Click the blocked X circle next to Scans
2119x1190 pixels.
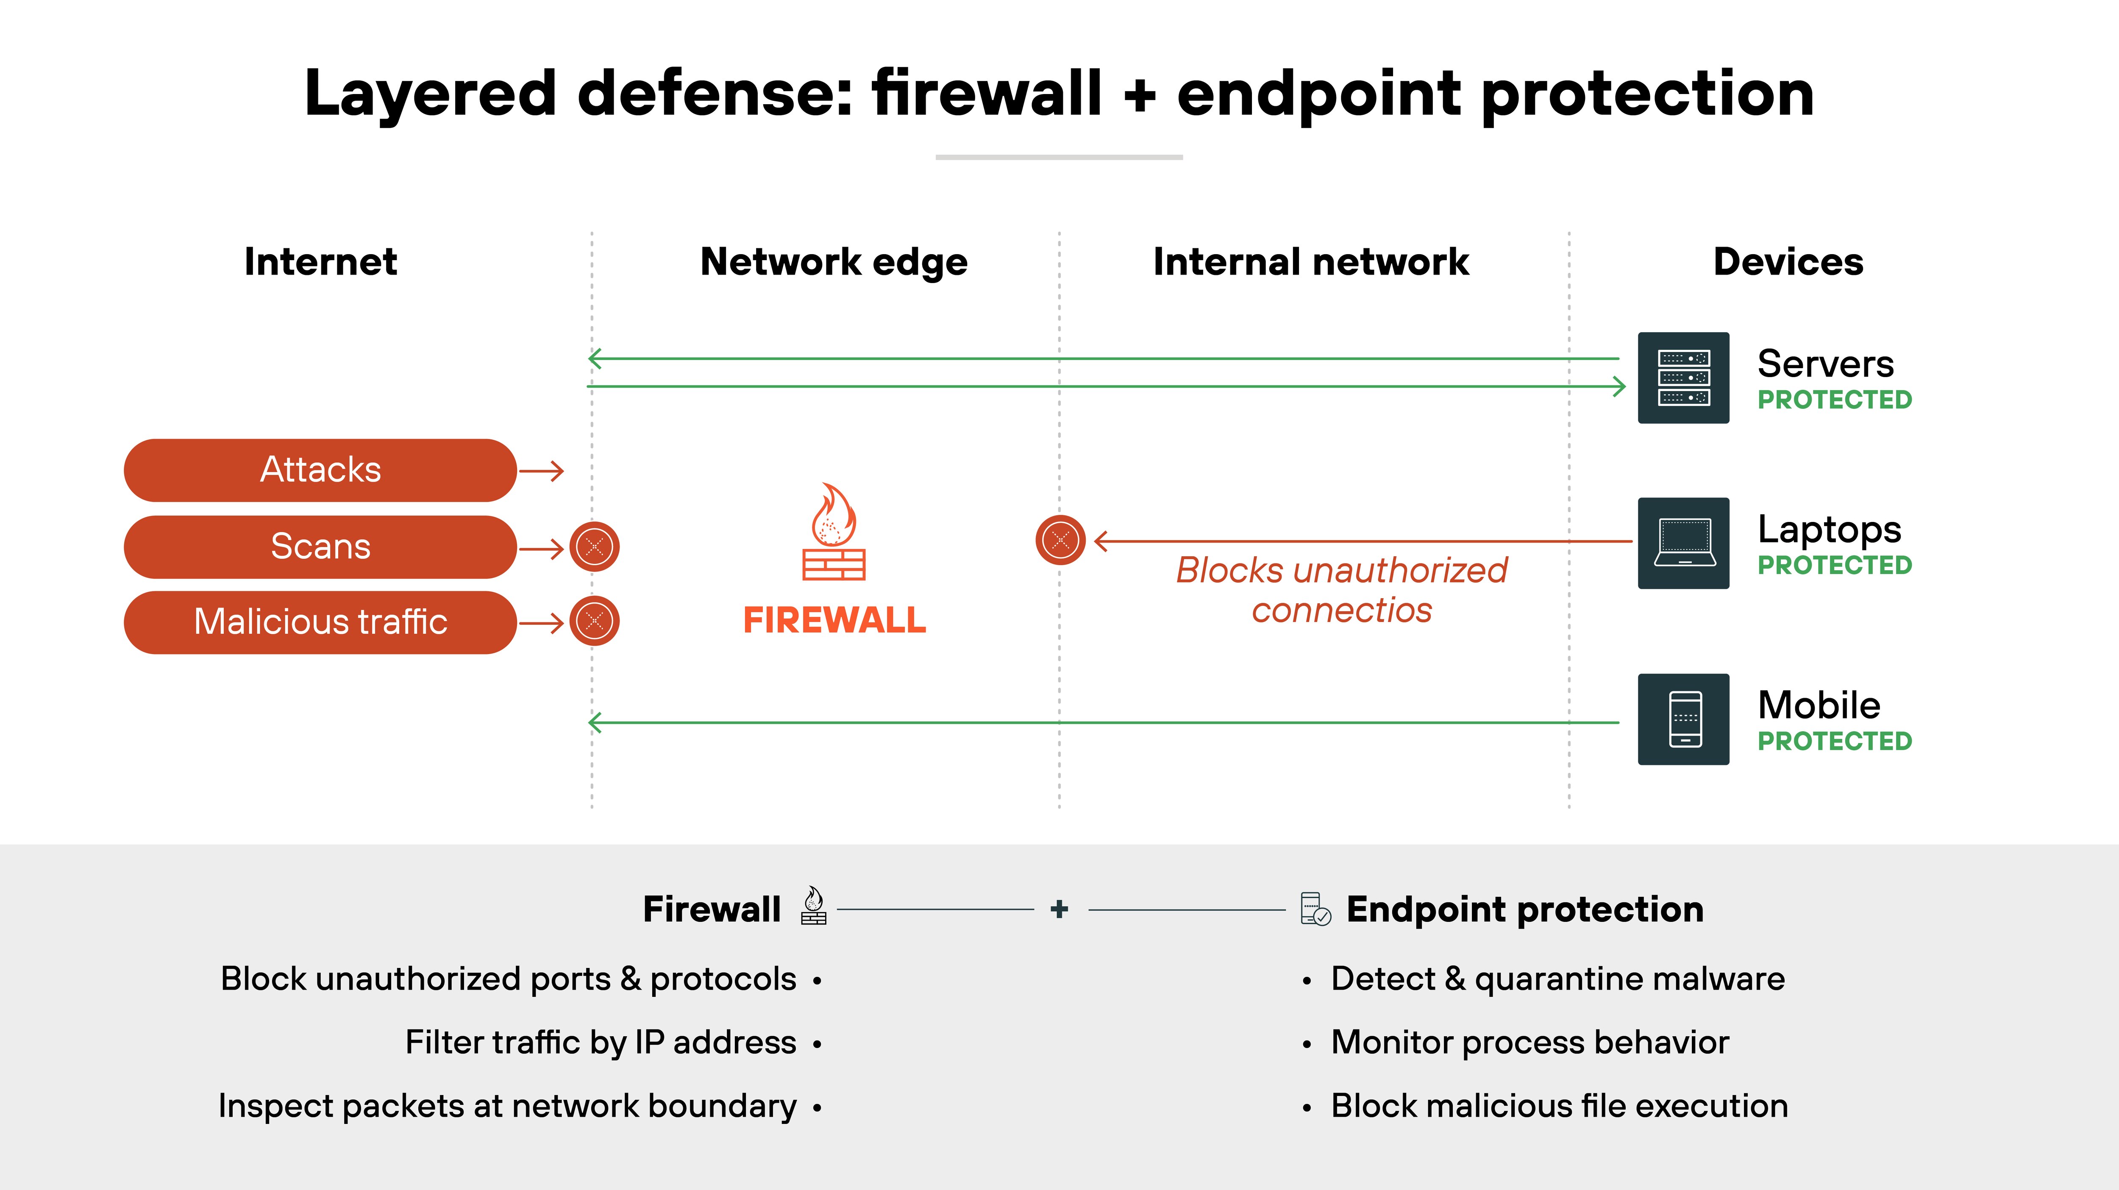595,547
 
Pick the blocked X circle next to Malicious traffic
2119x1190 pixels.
595,621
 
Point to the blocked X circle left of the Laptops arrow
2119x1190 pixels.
1060,540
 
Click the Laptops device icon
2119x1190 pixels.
1683,543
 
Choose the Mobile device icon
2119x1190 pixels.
1683,719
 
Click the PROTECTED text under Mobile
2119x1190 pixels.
1834,741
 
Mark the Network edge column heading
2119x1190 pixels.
833,261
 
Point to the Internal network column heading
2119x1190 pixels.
1310,261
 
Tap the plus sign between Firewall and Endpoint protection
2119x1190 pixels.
1059,909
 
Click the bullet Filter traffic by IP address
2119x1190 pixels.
601,1042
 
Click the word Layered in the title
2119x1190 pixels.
430,93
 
